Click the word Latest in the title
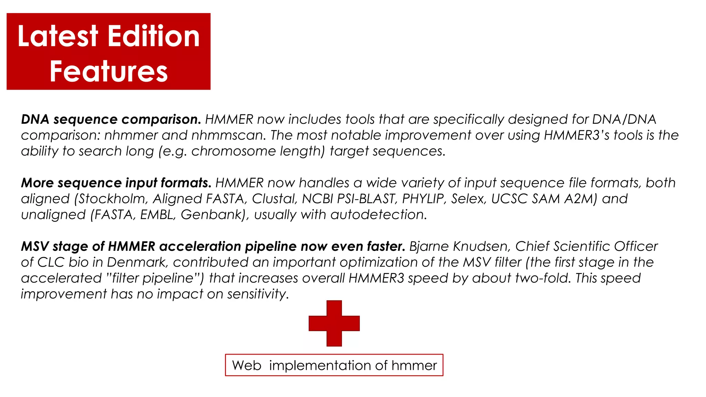tap(58, 36)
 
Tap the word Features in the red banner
tap(109, 71)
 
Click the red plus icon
tap(334, 323)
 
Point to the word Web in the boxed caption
tap(246, 365)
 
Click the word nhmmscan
tap(229, 135)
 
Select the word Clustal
tap(274, 199)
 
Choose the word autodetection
tap(379, 215)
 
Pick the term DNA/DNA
tap(624, 119)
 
